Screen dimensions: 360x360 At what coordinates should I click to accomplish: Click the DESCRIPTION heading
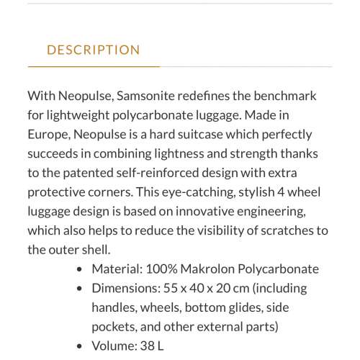point(94,50)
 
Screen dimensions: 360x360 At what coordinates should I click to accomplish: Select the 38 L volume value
point(152,345)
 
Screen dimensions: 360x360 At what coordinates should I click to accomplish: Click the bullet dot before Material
point(79,269)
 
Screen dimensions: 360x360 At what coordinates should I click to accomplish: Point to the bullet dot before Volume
point(79,346)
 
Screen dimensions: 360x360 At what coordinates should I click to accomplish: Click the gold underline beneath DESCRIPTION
point(94,66)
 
